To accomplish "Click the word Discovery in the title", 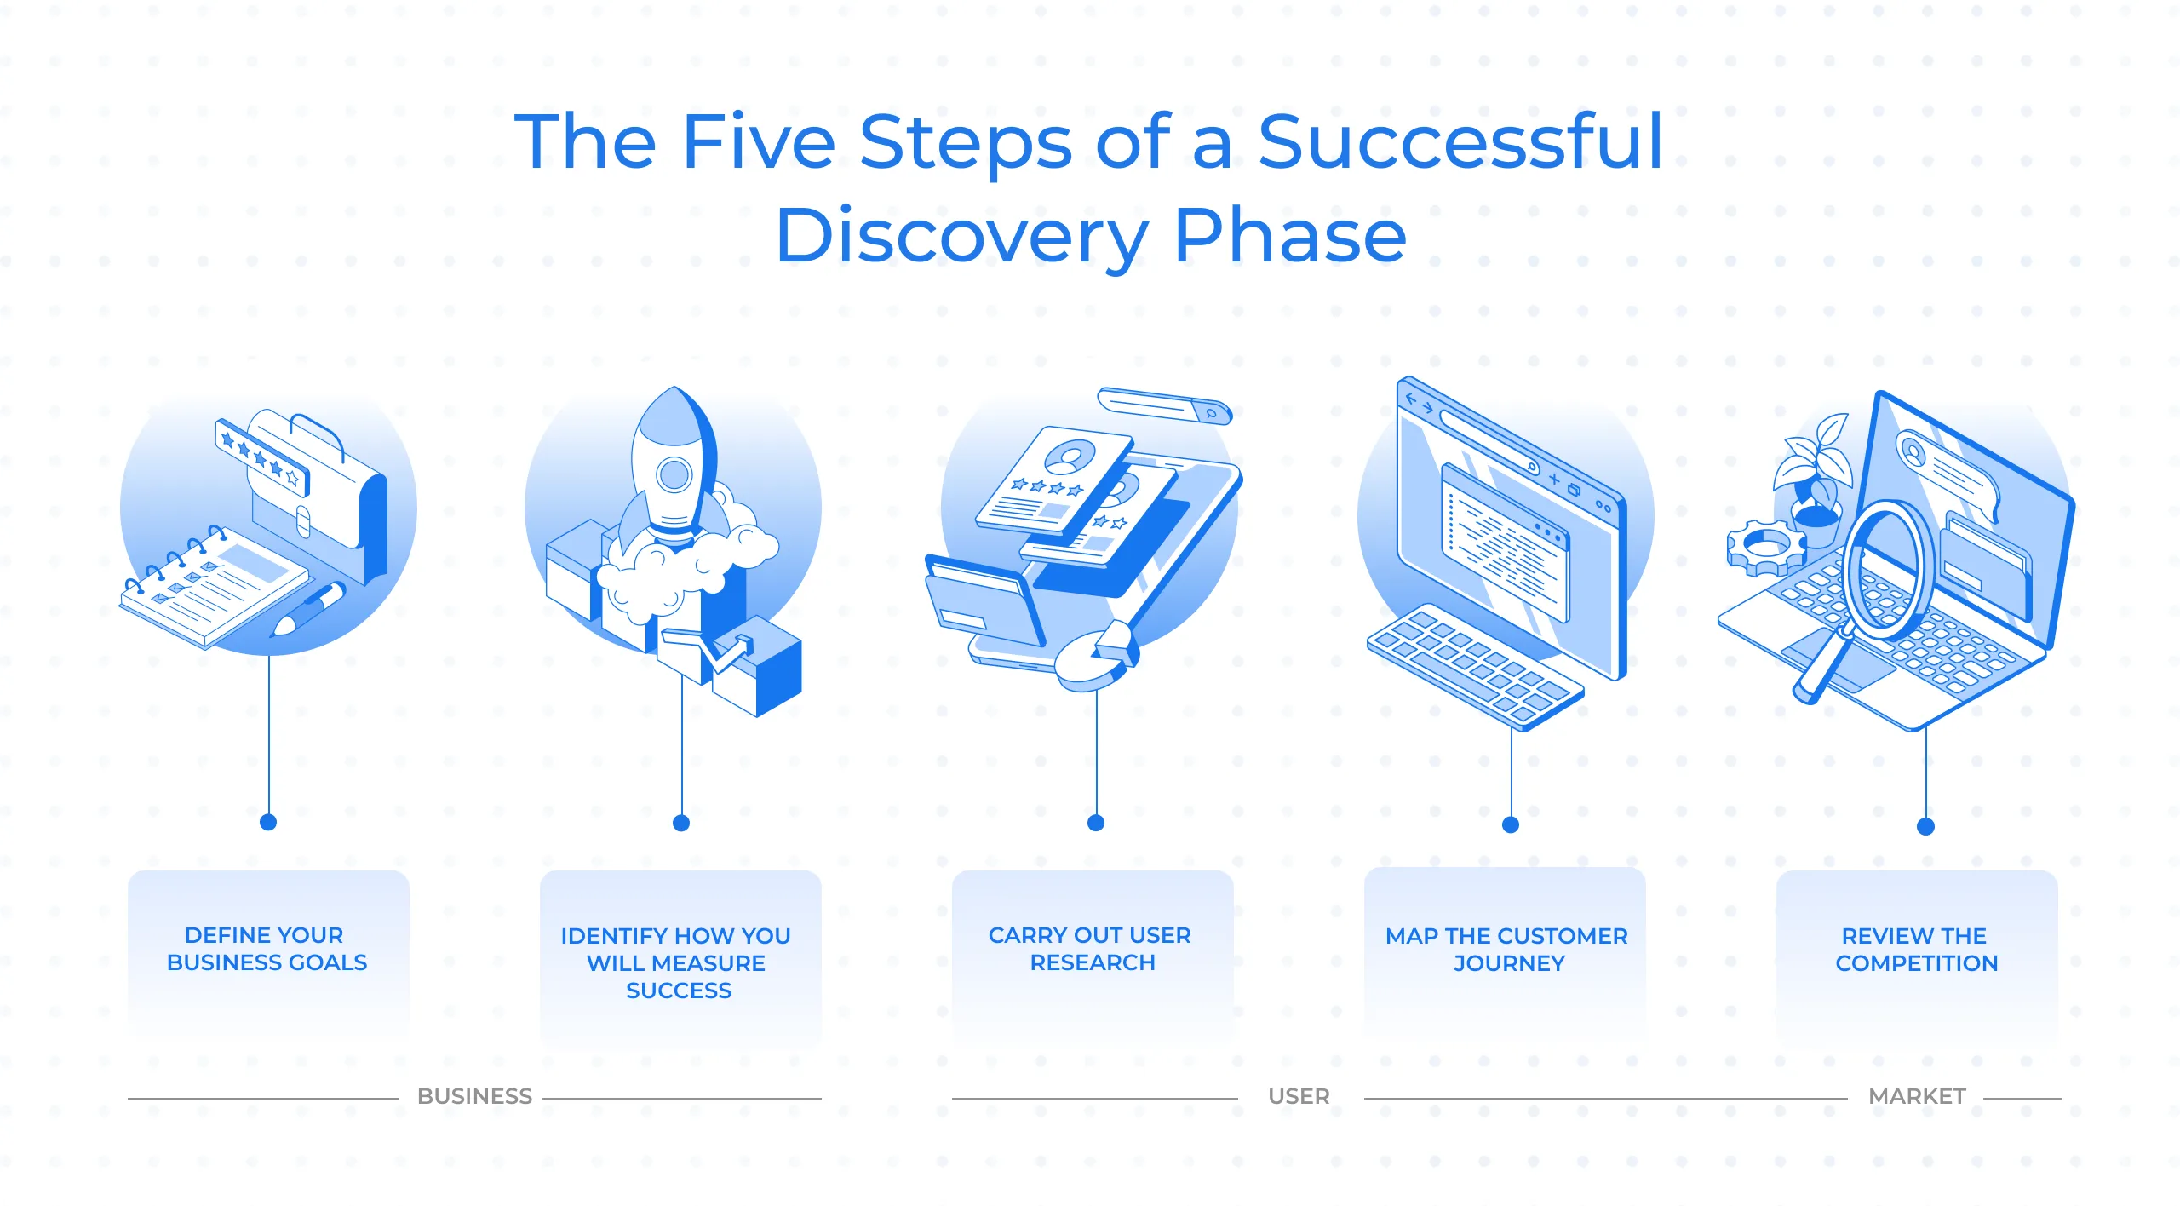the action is [962, 236].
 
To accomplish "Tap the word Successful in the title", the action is [1460, 141].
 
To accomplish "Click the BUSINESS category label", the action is [474, 1096].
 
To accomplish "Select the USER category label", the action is [1299, 1096].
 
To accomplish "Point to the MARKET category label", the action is [1917, 1096].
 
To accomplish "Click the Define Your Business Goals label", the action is [267, 949].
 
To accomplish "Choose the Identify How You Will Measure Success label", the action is [676, 963].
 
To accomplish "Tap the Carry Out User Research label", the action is [1090, 949].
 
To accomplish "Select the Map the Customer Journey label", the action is [1506, 950].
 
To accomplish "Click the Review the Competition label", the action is [1916, 950].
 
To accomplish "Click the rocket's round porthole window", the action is [674, 475].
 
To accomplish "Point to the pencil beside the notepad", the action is [308, 609].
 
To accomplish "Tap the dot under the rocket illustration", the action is [681, 823].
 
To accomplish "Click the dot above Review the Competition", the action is [1925, 826].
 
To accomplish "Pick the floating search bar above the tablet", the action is [1165, 405].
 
